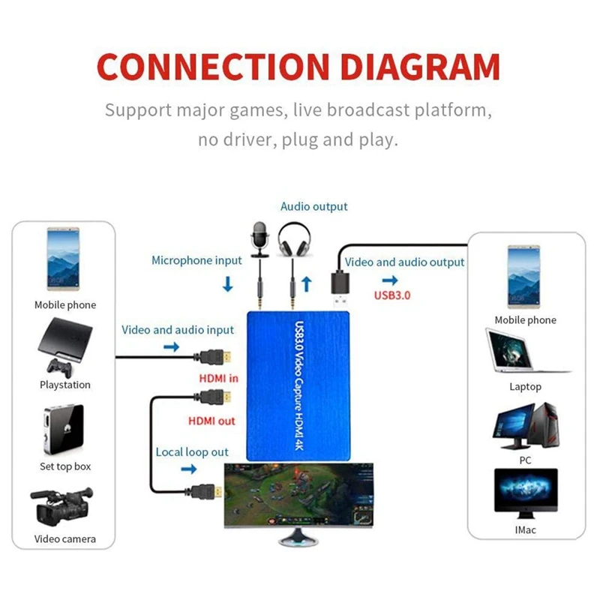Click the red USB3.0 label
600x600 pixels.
point(392,295)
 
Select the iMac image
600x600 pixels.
point(526,493)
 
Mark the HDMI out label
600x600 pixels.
point(211,421)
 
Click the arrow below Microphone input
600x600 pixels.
point(228,285)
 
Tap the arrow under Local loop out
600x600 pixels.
point(188,469)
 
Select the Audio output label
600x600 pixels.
point(313,206)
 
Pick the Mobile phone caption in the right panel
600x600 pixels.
point(525,320)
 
